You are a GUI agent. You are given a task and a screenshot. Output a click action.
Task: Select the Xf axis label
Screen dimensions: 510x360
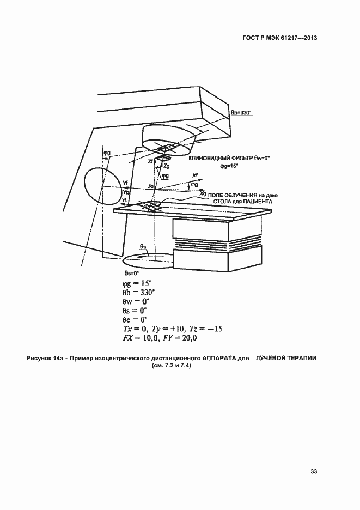196,175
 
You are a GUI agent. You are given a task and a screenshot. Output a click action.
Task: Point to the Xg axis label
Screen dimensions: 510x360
203,193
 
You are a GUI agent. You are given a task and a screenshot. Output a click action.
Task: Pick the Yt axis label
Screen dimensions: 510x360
124,200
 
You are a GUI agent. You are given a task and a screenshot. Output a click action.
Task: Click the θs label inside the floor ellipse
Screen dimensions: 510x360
142,247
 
